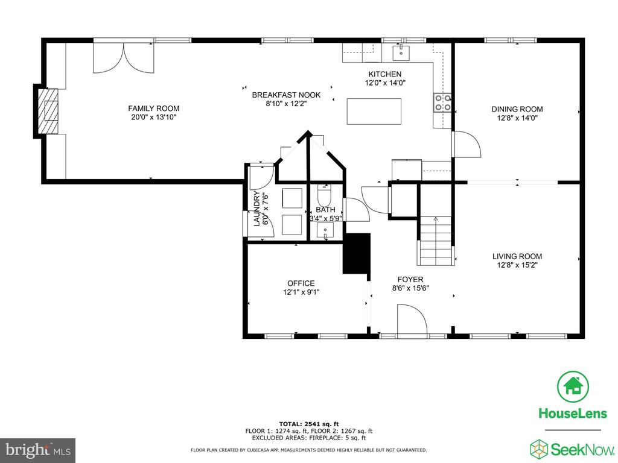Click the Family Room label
click(154, 109)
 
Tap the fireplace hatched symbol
click(48, 112)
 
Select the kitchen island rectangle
click(374, 112)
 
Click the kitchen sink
click(401, 53)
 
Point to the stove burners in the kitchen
click(442, 102)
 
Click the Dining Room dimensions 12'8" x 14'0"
click(517, 118)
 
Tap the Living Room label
click(517, 256)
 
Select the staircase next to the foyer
click(436, 241)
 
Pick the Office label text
click(301, 283)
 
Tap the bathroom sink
click(325, 230)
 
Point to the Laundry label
click(256, 209)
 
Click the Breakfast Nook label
click(286, 95)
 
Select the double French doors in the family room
click(123, 57)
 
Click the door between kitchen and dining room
click(466, 145)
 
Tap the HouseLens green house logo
click(573, 386)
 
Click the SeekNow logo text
click(583, 449)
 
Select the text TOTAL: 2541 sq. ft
click(309, 424)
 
